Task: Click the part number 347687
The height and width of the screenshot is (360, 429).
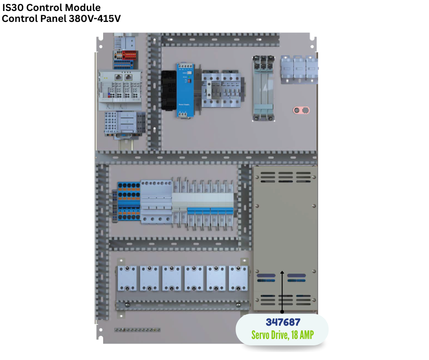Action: tap(283, 322)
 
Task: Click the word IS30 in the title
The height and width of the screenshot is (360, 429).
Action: tap(13, 8)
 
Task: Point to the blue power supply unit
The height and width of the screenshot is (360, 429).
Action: tap(184, 90)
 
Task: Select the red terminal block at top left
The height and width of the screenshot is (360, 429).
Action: tap(129, 55)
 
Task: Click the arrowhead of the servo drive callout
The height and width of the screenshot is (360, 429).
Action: tap(283, 274)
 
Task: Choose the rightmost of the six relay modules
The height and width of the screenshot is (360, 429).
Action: tap(238, 278)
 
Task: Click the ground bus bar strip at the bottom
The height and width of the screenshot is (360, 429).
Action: tap(137, 329)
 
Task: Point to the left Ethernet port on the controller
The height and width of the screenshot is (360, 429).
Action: tap(118, 77)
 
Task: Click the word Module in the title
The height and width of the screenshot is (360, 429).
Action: tap(82, 8)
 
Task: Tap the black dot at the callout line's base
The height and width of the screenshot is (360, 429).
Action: tap(283, 311)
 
